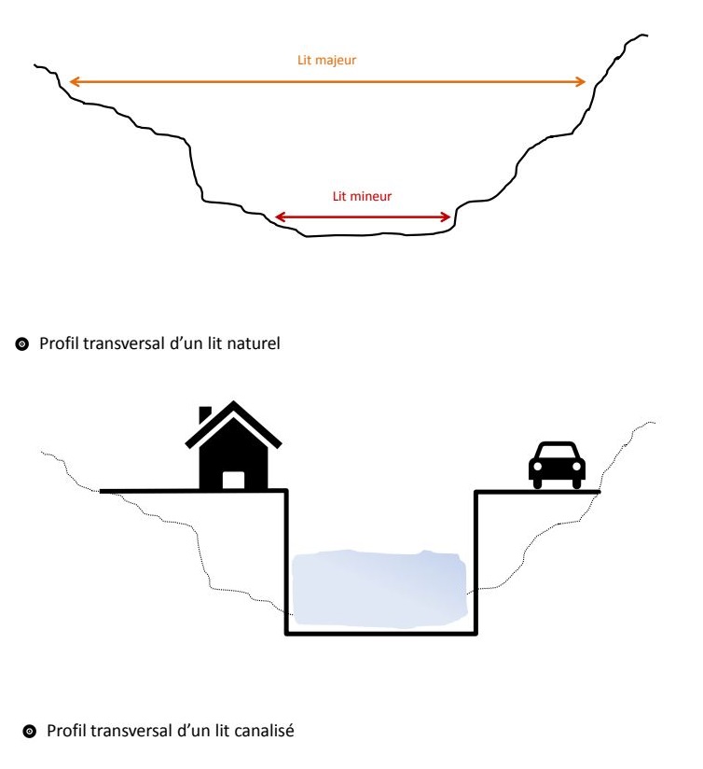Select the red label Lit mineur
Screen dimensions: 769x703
[x=362, y=197]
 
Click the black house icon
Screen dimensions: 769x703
[x=233, y=448]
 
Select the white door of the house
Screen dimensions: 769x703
[x=233, y=480]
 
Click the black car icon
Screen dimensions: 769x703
[x=557, y=463]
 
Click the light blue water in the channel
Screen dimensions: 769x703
[x=379, y=588]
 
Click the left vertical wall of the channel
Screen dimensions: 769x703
[x=286, y=560]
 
